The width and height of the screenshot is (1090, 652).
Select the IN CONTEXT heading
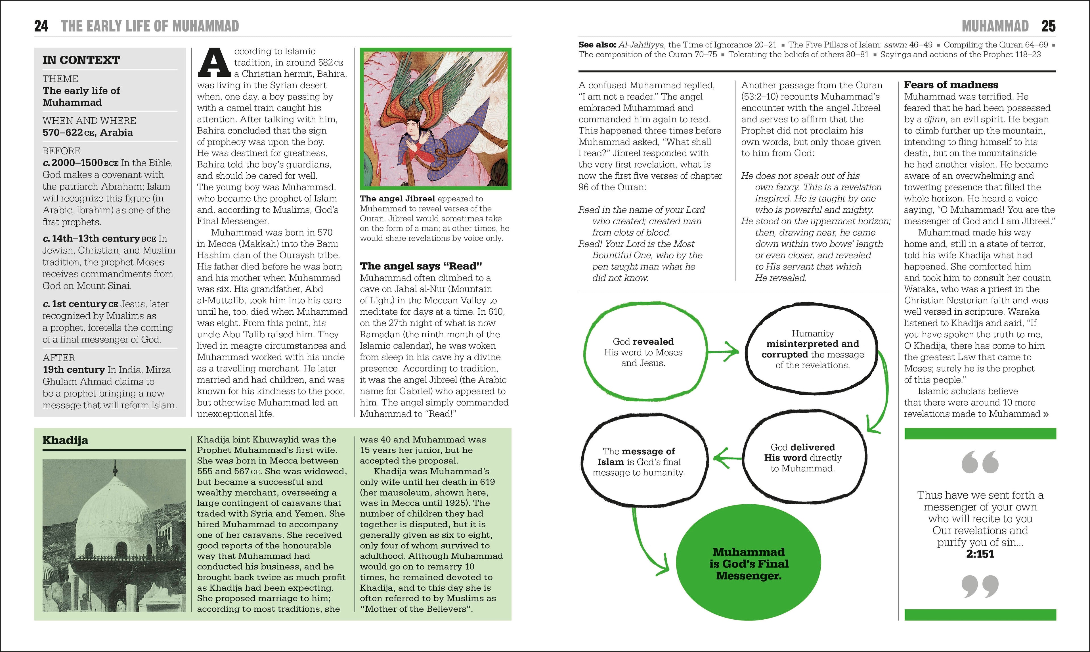[81, 60]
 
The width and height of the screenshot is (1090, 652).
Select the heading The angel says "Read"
[421, 266]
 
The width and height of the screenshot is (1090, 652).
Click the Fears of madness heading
[951, 85]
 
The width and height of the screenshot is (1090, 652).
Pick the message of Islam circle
[639, 462]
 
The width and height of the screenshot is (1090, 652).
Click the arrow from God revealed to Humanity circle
[724, 352]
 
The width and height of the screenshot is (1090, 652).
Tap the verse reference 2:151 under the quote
[980, 554]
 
